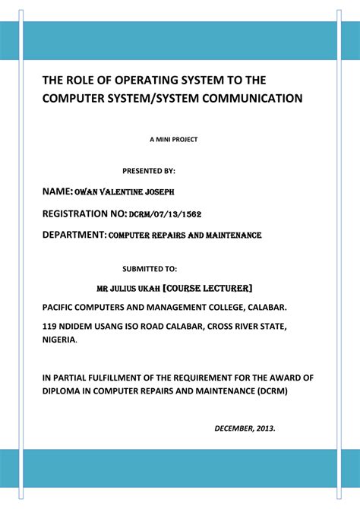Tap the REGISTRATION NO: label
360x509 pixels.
pos(84,215)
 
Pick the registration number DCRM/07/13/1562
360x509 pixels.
pos(165,216)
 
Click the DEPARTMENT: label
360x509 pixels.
pos(74,236)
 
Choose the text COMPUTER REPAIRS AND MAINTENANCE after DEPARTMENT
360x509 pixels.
pos(185,237)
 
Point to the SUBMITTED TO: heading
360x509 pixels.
pos(150,268)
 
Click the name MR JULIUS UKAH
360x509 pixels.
pos(128,289)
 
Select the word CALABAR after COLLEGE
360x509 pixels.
pos(261,308)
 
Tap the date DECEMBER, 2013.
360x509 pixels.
pos(245,428)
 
